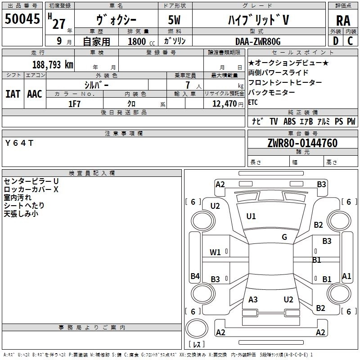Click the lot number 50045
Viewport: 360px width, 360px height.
click(22, 18)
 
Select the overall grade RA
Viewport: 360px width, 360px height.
click(343, 21)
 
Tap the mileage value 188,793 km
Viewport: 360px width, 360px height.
click(53, 65)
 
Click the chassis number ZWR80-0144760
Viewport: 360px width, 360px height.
click(302, 143)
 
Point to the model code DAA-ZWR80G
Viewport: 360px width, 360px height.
click(258, 41)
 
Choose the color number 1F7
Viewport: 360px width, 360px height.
click(74, 104)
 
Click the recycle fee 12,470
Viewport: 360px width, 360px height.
click(225, 104)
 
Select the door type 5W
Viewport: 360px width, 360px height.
click(174, 20)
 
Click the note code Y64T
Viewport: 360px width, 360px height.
click(19, 143)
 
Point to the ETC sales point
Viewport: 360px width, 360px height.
click(253, 102)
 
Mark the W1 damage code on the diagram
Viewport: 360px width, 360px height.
click(215, 252)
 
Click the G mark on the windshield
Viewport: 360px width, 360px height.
click(284, 237)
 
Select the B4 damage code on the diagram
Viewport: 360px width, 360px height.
click(195, 276)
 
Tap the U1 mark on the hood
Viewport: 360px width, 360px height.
click(251, 216)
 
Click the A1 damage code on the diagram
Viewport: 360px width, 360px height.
click(346, 276)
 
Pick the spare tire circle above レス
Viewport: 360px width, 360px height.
click(197, 328)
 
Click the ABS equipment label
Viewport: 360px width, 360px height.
click(289, 121)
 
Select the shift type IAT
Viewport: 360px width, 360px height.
click(13, 94)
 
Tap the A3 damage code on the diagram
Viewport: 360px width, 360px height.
click(253, 299)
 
